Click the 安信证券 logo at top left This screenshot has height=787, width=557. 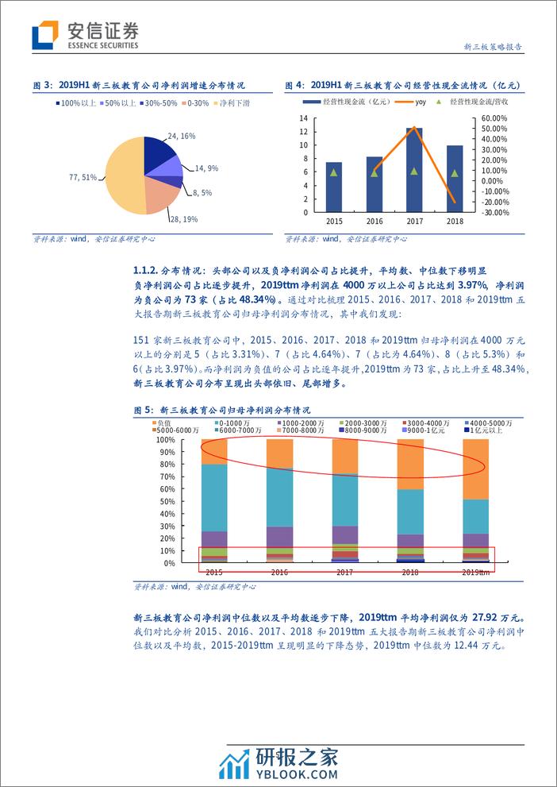pos(85,35)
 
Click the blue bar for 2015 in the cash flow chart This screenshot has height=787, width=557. pos(334,187)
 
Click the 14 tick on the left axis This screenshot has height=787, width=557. pos(304,118)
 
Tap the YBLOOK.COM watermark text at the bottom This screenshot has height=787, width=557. pos(299,774)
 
